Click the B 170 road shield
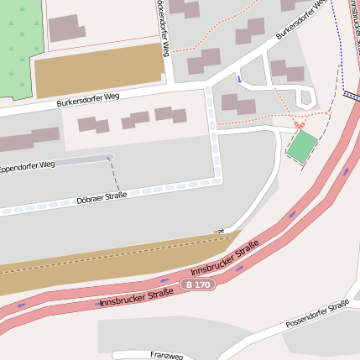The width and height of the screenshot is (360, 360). tap(200, 285)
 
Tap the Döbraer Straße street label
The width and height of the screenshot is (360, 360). tap(101, 197)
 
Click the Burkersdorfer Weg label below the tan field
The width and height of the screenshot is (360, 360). tap(88, 101)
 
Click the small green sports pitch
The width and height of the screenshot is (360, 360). tap(303, 147)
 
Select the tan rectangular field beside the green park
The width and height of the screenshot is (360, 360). tap(98, 70)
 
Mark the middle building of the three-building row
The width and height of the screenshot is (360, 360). tap(135, 121)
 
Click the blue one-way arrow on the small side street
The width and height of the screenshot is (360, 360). tap(238, 79)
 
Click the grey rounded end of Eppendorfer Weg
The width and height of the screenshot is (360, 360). tap(108, 157)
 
